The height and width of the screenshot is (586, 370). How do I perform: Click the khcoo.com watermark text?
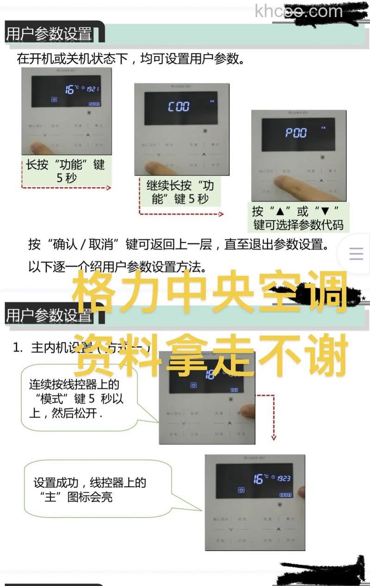(298, 11)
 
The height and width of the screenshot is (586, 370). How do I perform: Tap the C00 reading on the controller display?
(179, 107)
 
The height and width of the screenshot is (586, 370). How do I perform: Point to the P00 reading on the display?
(296, 133)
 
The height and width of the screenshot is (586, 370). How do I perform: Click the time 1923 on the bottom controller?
(284, 478)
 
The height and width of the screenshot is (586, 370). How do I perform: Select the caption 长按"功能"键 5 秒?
(66, 171)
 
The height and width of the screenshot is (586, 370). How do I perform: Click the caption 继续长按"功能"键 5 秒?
(180, 192)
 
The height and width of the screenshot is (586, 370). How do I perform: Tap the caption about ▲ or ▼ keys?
(298, 218)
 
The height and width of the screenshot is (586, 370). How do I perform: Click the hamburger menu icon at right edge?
(356, 254)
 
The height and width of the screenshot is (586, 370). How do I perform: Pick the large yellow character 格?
(94, 292)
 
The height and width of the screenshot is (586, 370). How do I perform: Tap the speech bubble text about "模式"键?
(76, 398)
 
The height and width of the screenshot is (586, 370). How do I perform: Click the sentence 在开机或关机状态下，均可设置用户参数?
(130, 59)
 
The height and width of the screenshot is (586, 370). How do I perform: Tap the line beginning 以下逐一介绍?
(117, 267)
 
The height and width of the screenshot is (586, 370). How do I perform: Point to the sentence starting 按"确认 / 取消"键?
(179, 244)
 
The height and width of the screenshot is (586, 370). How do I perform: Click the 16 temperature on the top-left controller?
(70, 89)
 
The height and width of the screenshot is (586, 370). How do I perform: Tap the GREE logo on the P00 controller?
(298, 113)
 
